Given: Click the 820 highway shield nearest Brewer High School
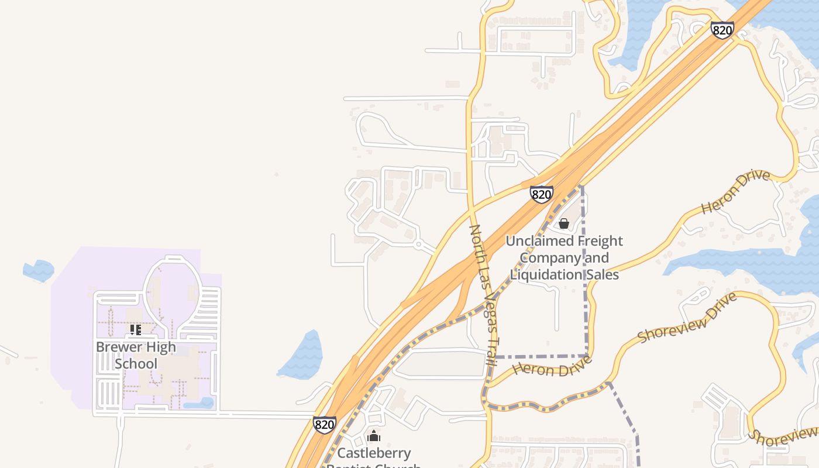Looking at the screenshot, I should coord(325,424).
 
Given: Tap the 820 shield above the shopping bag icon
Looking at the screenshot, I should coord(542,194).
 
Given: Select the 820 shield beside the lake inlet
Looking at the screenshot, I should coord(722,30).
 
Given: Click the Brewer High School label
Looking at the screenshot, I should coord(136,355).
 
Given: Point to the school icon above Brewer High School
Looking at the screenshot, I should coord(136,330).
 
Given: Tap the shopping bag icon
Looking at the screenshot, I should coord(564,223).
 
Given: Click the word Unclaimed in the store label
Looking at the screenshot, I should coord(539,241).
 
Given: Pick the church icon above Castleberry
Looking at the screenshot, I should coord(374,436).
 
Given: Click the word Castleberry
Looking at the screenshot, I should coord(374,453).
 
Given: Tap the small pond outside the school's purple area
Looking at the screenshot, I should coord(39,270).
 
